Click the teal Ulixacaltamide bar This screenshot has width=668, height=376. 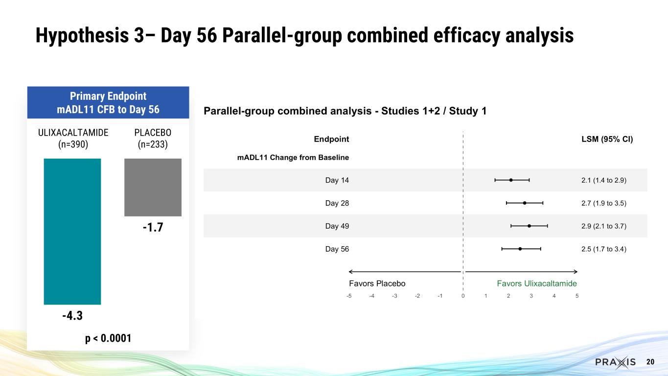(x=72, y=231)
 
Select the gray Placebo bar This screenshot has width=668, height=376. (x=153, y=187)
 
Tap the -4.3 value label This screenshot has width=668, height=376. (x=72, y=316)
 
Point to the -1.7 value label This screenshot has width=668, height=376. (x=153, y=228)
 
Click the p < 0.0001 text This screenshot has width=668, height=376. (x=108, y=338)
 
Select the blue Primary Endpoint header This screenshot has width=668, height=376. (x=108, y=102)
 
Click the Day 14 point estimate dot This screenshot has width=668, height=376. (x=511, y=180)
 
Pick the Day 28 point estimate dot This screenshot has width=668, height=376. (x=525, y=203)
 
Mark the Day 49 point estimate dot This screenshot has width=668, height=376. (x=529, y=226)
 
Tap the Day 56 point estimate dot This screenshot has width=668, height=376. (x=520, y=249)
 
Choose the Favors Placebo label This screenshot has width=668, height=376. (x=377, y=283)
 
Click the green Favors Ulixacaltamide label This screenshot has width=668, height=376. (x=537, y=283)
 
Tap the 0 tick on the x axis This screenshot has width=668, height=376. (x=462, y=296)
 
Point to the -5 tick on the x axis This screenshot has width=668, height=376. (x=348, y=296)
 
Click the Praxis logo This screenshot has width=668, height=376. (x=615, y=362)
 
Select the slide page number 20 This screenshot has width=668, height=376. (x=650, y=362)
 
